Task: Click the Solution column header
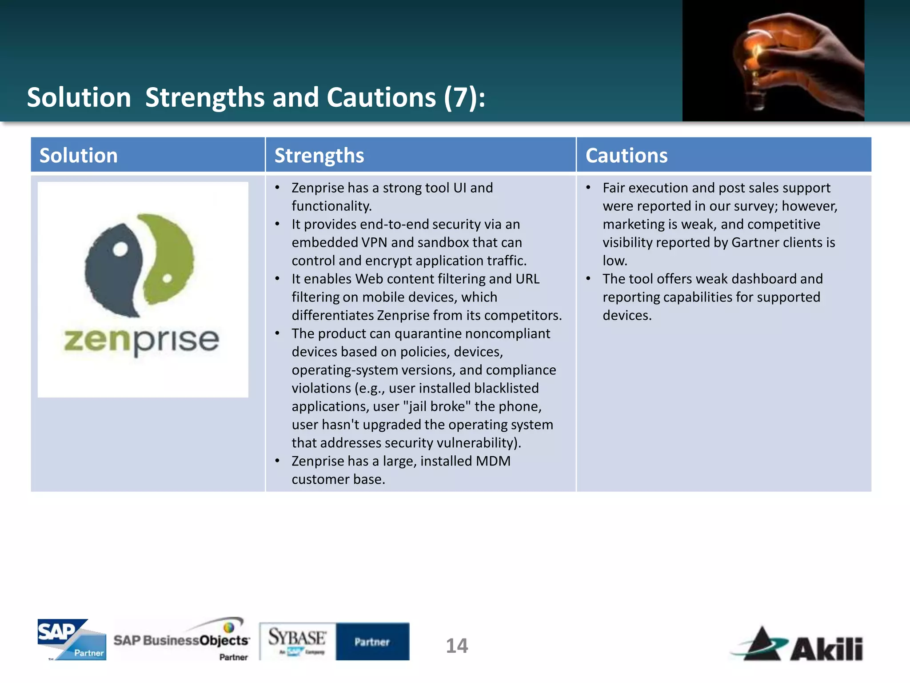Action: point(79,156)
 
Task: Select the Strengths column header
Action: point(319,156)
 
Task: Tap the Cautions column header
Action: point(626,156)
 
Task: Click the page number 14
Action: point(457,646)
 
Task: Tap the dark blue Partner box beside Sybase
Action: point(372,641)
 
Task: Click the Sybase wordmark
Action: point(297,638)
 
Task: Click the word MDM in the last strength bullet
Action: point(493,461)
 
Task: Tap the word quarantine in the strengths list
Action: point(428,333)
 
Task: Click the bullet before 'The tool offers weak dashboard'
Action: point(588,279)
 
